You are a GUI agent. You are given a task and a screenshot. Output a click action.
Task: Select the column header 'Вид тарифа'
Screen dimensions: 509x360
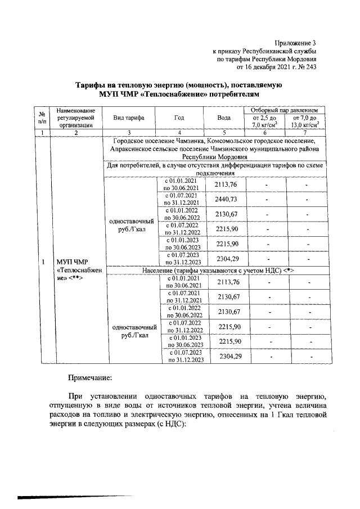tap(129, 118)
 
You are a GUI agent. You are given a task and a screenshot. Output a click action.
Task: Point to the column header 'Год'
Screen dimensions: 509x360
tap(179, 118)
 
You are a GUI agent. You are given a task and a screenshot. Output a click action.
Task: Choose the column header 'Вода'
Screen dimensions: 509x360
tap(223, 118)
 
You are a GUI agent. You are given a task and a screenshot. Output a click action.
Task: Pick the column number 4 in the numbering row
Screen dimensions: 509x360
tap(179, 132)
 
